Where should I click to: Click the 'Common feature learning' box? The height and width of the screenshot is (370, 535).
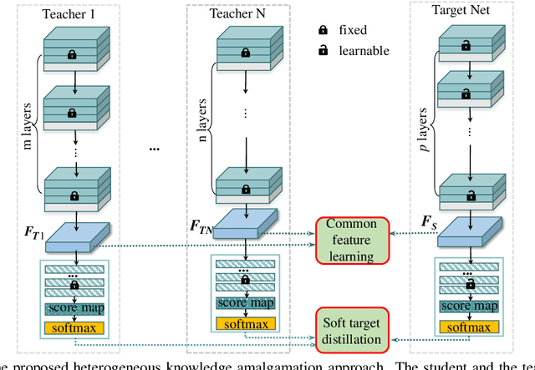(351, 239)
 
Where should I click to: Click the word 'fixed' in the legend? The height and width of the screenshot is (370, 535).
(353, 30)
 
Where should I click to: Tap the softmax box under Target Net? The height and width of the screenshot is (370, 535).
(468, 326)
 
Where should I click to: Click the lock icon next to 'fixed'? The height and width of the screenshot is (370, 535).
(321, 30)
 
